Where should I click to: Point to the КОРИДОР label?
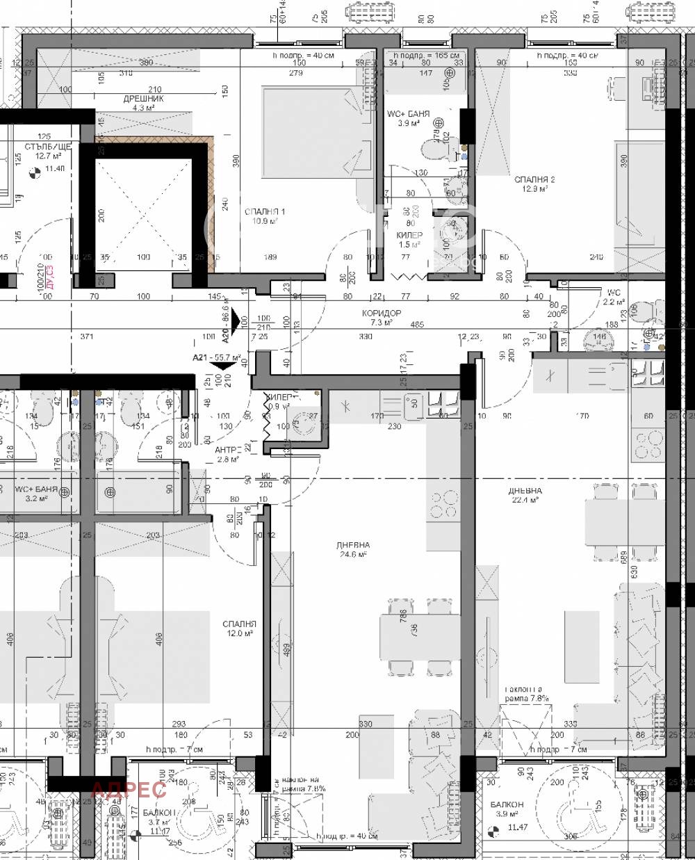point(382,314)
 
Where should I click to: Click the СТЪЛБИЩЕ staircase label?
point(47,147)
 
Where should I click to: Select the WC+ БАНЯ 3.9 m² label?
point(408,117)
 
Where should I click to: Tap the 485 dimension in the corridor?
point(416,325)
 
